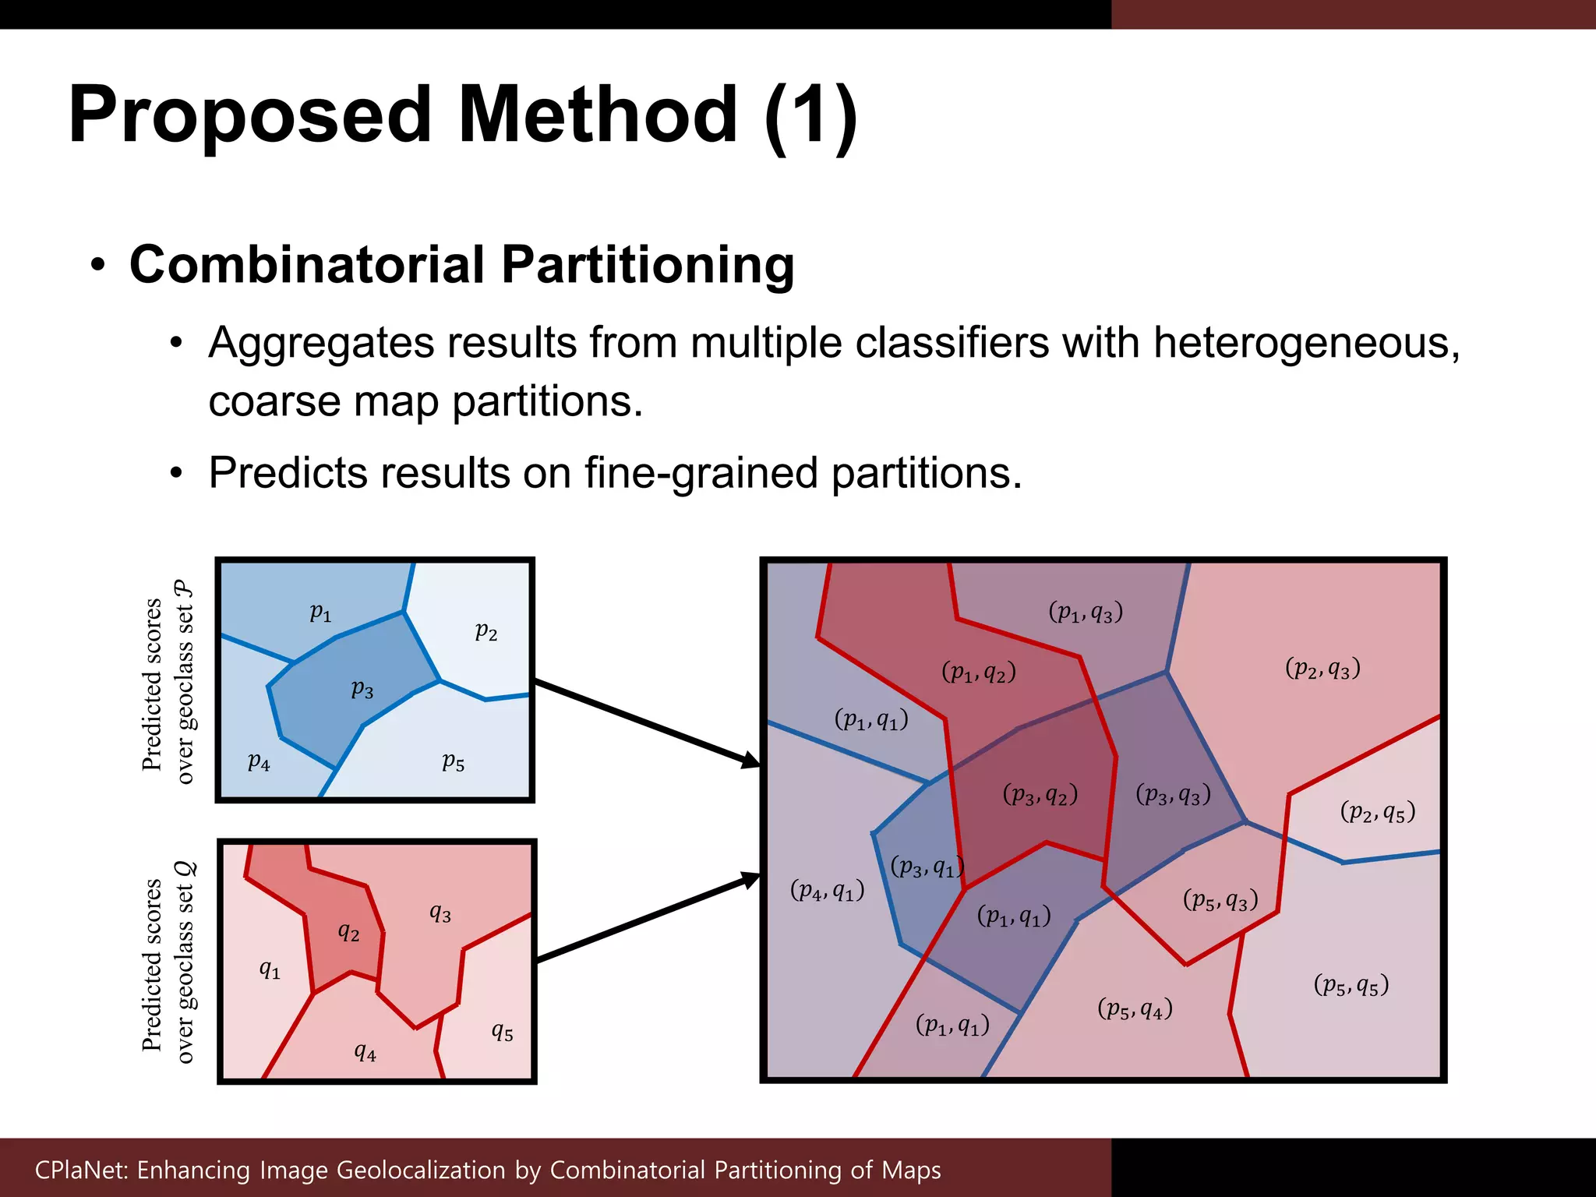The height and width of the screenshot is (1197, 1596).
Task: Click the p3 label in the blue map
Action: point(362,690)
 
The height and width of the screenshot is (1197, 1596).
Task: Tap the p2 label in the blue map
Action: point(486,630)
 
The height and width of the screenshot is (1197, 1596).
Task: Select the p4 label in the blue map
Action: point(259,761)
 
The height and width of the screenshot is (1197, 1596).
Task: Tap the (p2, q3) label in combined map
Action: point(1322,668)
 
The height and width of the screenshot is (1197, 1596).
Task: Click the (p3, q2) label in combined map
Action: point(1040,795)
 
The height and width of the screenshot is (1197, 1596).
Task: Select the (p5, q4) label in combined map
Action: point(1135,1009)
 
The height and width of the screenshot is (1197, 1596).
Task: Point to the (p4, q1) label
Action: point(827,890)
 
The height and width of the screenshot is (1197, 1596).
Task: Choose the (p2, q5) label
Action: point(1377,812)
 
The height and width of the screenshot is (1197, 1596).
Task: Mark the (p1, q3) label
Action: point(1086,612)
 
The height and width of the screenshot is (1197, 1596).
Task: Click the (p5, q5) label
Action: point(1351,985)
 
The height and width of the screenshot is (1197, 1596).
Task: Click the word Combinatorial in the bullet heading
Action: point(307,265)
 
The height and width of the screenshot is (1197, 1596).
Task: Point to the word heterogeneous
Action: point(1305,343)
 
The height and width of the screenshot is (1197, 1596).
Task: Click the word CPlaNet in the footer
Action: point(81,1170)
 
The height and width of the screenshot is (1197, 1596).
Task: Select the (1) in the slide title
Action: point(810,115)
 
